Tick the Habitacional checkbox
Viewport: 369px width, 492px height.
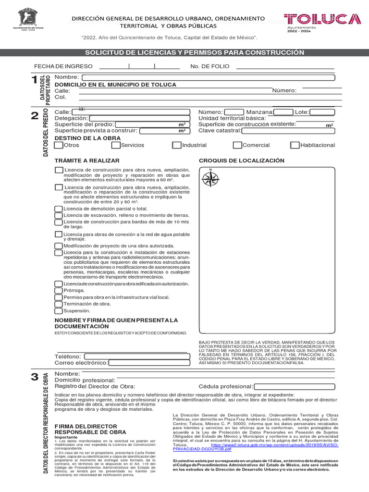click(295, 145)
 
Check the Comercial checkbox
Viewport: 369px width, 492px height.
click(237, 145)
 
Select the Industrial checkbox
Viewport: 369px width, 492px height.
click(176, 145)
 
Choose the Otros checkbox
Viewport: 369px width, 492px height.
click(59, 145)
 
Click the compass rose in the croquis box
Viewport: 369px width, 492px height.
click(210, 179)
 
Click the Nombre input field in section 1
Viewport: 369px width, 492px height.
click(209, 78)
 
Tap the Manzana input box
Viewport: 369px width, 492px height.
click(283, 112)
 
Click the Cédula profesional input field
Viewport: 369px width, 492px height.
click(294, 386)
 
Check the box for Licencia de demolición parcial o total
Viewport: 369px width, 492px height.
click(58, 209)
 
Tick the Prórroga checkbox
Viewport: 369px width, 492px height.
click(58, 291)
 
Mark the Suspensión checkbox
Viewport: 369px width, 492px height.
click(58, 311)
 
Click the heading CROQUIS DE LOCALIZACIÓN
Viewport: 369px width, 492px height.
click(241, 160)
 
